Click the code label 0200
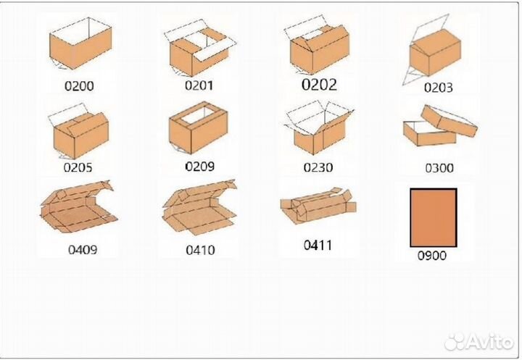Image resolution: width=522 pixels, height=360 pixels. [79, 86]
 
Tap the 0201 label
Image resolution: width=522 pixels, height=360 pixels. [199, 85]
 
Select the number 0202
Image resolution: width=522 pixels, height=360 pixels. [319, 85]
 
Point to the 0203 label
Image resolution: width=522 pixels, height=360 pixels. [438, 88]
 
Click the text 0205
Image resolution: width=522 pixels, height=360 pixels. [78, 167]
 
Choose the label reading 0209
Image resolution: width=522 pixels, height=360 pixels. [200, 167]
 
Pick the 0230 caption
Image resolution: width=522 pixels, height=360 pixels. [318, 167]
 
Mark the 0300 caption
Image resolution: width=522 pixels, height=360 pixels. [439, 168]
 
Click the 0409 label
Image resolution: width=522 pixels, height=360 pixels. [83, 250]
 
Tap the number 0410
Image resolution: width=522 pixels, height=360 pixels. [200, 250]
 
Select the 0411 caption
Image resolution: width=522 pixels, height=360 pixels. [318, 246]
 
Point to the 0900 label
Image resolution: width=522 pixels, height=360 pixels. [432, 256]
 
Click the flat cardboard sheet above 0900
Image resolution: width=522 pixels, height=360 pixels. [434, 218]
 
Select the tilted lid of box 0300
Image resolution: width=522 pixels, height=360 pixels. [449, 121]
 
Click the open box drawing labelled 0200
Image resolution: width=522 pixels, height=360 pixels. [80, 43]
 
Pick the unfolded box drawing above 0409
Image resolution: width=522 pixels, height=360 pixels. [78, 206]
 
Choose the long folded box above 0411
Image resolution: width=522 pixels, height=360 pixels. [318, 205]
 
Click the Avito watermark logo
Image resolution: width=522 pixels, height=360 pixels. [479, 341]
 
